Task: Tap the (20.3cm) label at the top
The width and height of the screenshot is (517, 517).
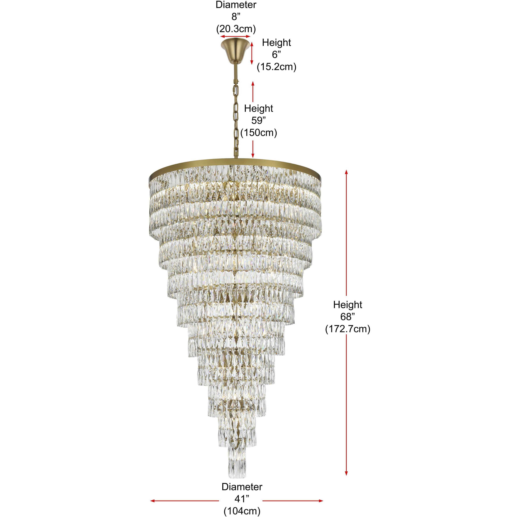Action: pyautogui.click(x=236, y=29)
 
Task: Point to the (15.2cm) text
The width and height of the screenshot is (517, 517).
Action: pyautogui.click(x=276, y=67)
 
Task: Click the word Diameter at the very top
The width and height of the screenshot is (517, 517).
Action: pyautogui.click(x=236, y=5)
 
